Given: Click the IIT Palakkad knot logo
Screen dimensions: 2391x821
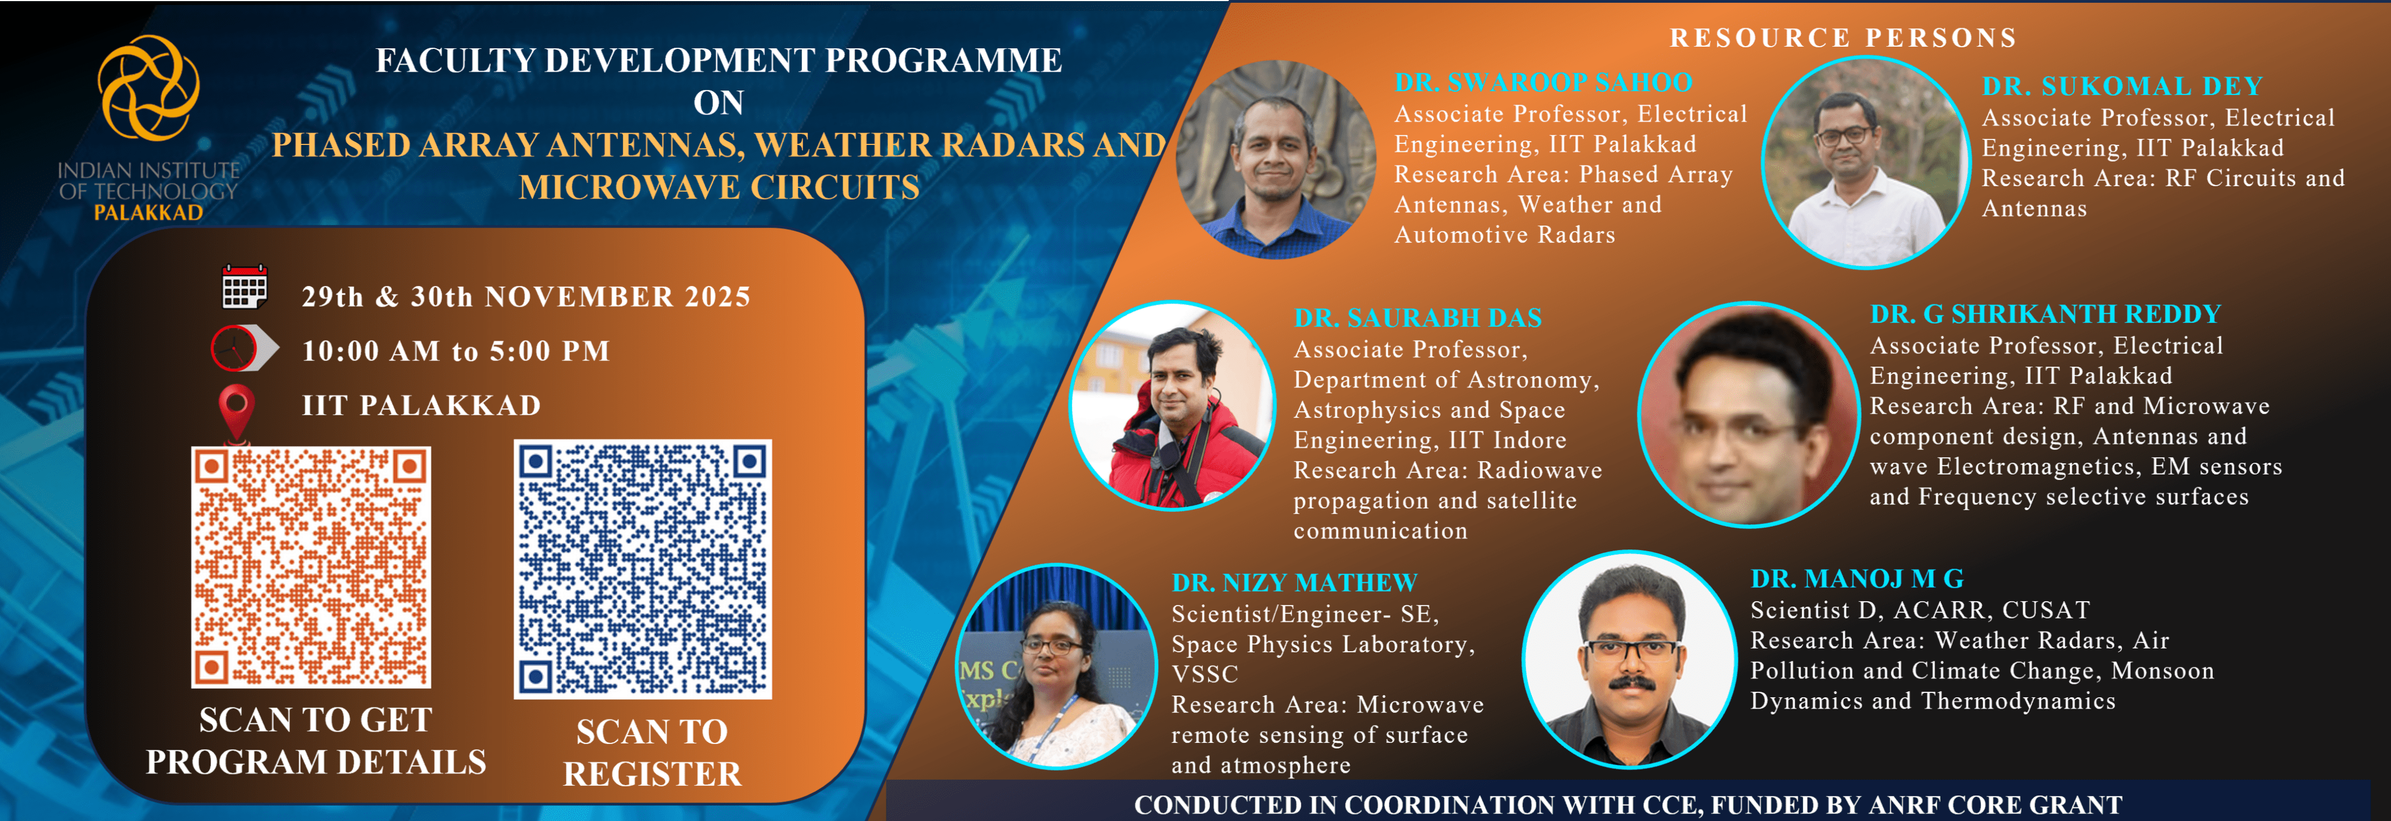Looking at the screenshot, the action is [148, 88].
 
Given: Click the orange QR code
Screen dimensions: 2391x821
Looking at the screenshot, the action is [311, 567].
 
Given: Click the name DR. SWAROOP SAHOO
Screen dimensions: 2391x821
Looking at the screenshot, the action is [1543, 83].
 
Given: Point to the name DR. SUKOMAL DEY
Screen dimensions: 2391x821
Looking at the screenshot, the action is [2123, 86].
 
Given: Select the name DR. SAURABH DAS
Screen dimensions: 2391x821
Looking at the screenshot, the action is [1417, 318].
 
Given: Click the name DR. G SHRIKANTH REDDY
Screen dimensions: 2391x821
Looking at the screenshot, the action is [2045, 314].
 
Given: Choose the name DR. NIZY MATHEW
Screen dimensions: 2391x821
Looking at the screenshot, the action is [1295, 583].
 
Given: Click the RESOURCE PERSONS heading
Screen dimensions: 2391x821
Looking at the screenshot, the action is [1843, 38].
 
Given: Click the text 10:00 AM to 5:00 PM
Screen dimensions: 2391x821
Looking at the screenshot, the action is [456, 351].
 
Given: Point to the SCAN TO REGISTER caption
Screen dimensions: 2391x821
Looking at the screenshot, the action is [652, 753].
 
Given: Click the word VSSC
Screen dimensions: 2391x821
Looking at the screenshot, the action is [1205, 674].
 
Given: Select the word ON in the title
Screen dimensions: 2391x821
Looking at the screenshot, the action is [718, 102].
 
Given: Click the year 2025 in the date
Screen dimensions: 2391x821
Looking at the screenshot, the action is [718, 297].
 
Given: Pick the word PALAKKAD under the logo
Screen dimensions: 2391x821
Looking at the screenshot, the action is [148, 212].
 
